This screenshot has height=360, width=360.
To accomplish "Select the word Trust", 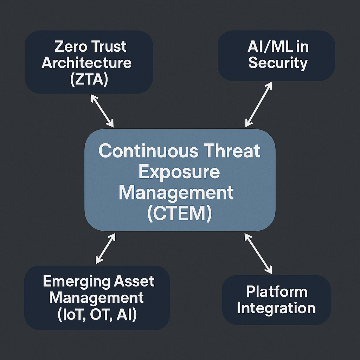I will (110, 47).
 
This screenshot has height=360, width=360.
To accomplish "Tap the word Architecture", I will (86, 63).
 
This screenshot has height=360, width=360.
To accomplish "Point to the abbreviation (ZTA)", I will (89, 80).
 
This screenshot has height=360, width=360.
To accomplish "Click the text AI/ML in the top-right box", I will (264, 47).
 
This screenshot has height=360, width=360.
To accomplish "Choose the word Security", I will (278, 63).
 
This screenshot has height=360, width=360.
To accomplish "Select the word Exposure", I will (179, 173).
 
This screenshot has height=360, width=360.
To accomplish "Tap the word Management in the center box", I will (176, 193).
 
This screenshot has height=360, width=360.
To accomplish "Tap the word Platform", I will (277, 292).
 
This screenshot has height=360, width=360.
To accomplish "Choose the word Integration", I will (276, 308).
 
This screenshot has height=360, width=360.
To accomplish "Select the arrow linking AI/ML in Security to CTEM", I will (259, 104).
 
